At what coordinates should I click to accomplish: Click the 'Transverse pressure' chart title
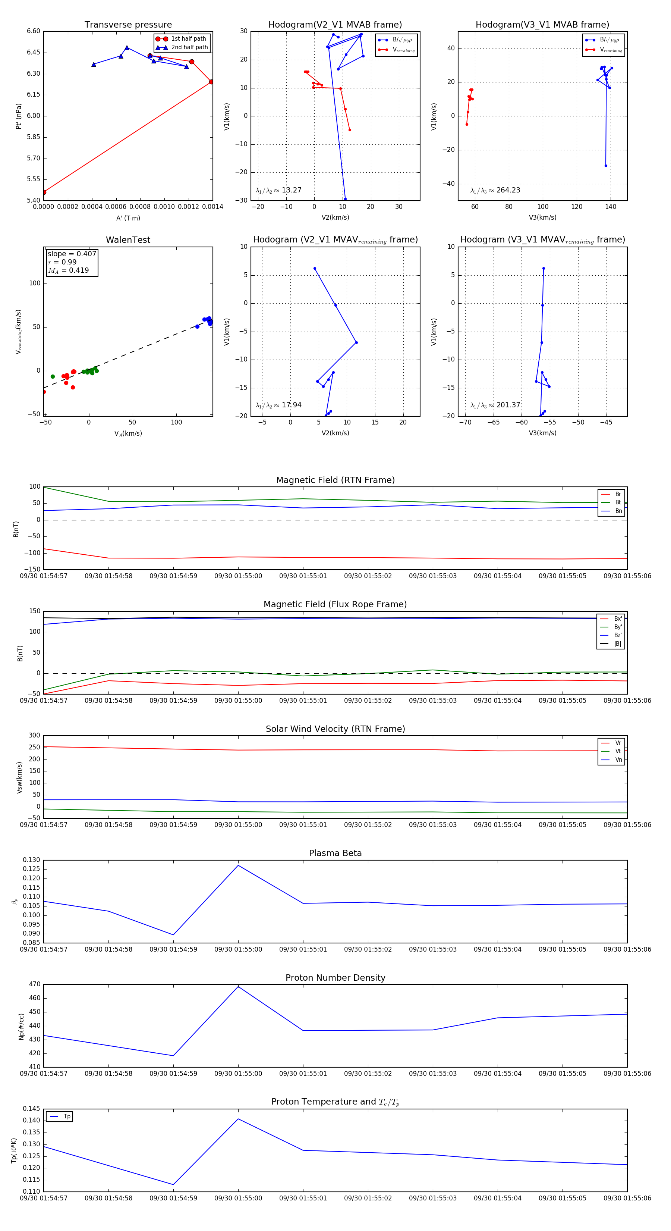(128, 25)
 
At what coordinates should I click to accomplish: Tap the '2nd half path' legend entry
(189, 47)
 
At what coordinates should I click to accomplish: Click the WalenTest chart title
(128, 240)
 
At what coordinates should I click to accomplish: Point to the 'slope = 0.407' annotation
(72, 254)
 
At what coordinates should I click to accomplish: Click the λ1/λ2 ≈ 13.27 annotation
(278, 190)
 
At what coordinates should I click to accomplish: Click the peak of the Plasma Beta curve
(238, 865)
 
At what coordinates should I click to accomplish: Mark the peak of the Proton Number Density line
(238, 987)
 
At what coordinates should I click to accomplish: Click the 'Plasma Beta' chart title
(335, 853)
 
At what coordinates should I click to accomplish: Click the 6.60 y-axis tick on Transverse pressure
(34, 31)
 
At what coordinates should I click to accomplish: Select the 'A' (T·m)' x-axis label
(128, 218)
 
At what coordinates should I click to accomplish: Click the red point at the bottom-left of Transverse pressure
(44, 192)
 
